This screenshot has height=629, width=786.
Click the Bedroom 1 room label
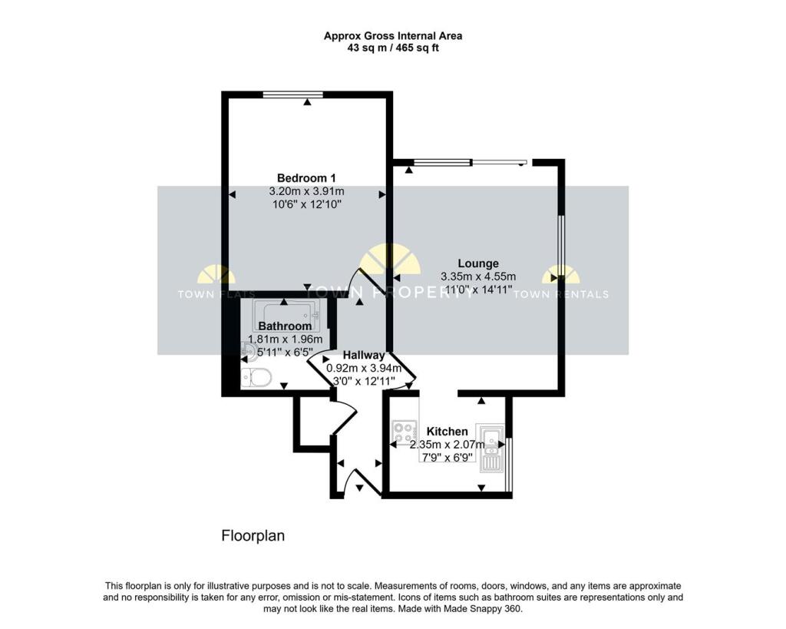point(306,177)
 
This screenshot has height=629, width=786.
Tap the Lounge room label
point(478,263)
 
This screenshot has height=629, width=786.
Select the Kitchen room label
point(447,432)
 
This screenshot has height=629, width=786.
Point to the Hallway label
point(364,355)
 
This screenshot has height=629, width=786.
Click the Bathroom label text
point(285,326)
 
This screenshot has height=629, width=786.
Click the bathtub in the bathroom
point(286,312)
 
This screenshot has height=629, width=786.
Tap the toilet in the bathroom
point(256,377)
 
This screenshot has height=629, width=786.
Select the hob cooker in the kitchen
point(405,432)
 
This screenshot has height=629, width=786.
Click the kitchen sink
point(489,448)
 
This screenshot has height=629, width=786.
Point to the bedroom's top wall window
point(292,94)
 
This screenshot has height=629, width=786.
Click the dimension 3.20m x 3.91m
point(306,191)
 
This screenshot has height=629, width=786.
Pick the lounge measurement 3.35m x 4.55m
point(478,276)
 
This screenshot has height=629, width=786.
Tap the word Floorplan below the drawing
point(253,535)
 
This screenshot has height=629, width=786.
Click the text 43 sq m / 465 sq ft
point(392,48)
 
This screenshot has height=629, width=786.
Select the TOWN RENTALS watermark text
point(560,294)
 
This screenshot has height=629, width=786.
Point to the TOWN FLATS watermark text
point(216,294)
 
